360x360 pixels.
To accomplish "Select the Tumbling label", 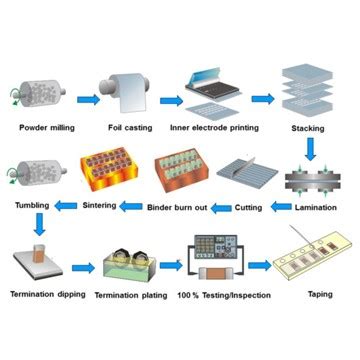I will click(33, 207).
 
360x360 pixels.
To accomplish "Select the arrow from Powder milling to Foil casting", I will click(88, 99).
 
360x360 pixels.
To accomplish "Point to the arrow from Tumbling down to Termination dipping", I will click(38, 227).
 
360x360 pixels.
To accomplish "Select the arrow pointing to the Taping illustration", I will click(259, 265).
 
